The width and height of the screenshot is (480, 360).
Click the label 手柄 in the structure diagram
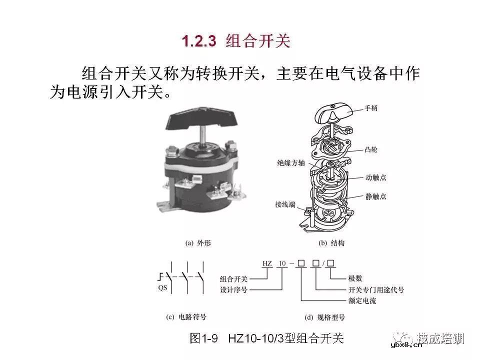pyautogui.click(x=371, y=107)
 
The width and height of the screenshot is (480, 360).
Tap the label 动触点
pyautogui.click(x=375, y=177)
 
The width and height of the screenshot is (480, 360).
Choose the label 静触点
pyautogui.click(x=375, y=196)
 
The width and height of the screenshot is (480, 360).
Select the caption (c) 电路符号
pyautogui.click(x=186, y=317)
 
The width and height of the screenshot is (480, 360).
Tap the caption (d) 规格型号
pyautogui.click(x=324, y=317)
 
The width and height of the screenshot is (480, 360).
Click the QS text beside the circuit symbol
pyautogui.click(x=162, y=288)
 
